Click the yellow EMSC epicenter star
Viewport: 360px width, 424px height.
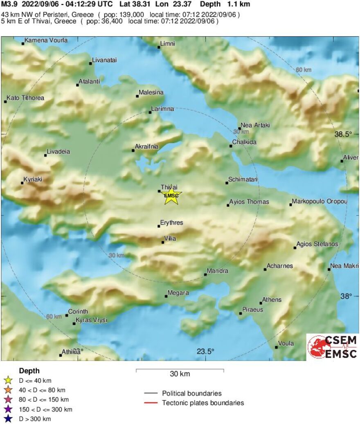pyautogui.click(x=171, y=195)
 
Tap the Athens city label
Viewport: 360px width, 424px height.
pyautogui.click(x=272, y=300)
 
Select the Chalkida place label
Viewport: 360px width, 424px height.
pyautogui.click(x=244, y=142)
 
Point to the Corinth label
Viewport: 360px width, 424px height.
pyautogui.click(x=78, y=312)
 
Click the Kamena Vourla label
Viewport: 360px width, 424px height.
pyautogui.click(x=46, y=40)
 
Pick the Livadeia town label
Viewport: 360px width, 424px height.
pyautogui.click(x=59, y=152)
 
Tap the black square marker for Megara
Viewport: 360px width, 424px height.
pyautogui.click(x=166, y=296)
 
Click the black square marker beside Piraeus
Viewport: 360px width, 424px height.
pyautogui.click(x=241, y=314)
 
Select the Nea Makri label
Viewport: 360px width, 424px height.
pyautogui.click(x=344, y=266)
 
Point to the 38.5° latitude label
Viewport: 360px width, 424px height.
pyautogui.click(x=343, y=134)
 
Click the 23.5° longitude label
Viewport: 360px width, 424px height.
pyautogui.click(x=205, y=352)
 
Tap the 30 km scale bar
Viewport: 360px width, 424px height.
pyautogui.click(x=180, y=370)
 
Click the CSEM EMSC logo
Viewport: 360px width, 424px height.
pyautogui.click(x=332, y=347)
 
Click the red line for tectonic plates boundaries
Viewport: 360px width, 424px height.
pyautogui.click(x=151, y=403)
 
